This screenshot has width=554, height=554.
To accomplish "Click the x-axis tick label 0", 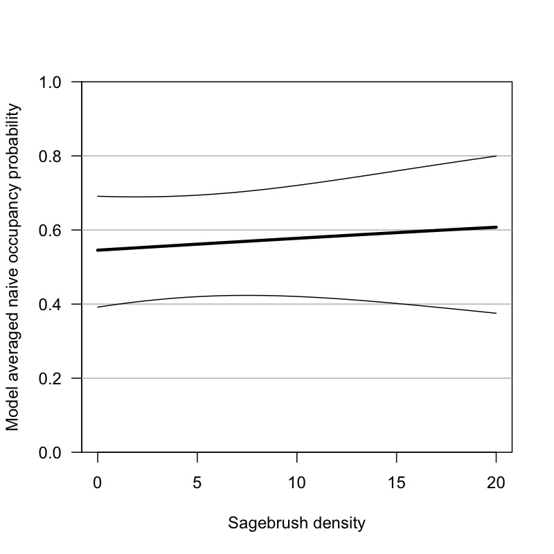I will tap(98, 481).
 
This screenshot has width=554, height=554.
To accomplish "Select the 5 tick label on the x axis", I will tap(197, 481).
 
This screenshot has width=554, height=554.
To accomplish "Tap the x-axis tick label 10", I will tap(297, 481).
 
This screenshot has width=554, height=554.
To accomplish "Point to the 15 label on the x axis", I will tap(397, 481).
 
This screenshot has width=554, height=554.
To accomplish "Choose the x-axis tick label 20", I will tap(497, 481).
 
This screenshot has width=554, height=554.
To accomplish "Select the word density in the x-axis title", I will tap(331, 524).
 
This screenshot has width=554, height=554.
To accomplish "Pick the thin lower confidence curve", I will tap(297, 296).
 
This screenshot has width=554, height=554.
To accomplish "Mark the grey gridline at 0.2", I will tap(297, 378).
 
